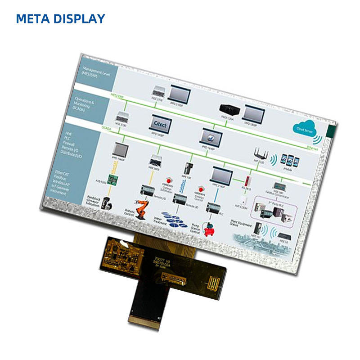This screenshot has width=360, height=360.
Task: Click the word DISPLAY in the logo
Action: [x=79, y=18]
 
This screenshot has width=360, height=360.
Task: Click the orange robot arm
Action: [x=142, y=207]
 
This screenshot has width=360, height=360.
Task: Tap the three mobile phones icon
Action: [x=290, y=159]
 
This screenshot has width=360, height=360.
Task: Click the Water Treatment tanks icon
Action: [x=176, y=221]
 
